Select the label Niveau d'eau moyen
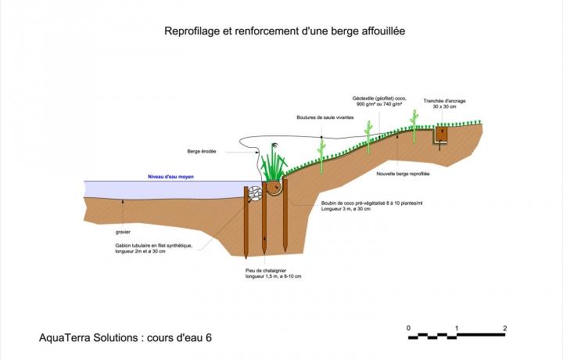[170, 177]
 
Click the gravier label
[123, 232]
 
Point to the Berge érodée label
[202, 152]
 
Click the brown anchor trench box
[442, 135]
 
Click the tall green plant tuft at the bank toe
[274, 166]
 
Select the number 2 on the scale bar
[505, 328]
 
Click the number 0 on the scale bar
[408, 328]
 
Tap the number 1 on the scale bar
[457, 328]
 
